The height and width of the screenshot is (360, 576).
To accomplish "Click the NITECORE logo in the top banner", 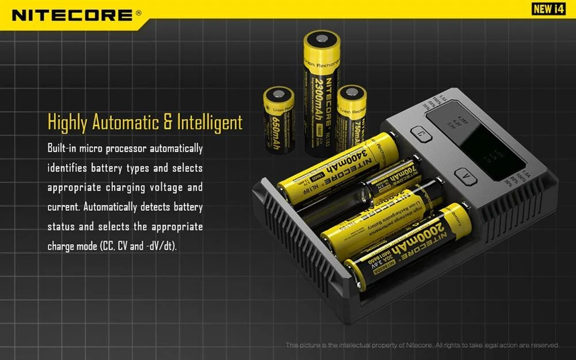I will coord(73,14).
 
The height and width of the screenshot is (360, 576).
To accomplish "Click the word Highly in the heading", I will coord(69,123).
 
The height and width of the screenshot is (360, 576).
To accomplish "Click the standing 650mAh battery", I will coord(279,120).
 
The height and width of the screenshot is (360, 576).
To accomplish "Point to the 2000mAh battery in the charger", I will coord(408,245).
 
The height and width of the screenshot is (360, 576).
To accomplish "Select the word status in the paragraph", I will coord(62,226).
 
